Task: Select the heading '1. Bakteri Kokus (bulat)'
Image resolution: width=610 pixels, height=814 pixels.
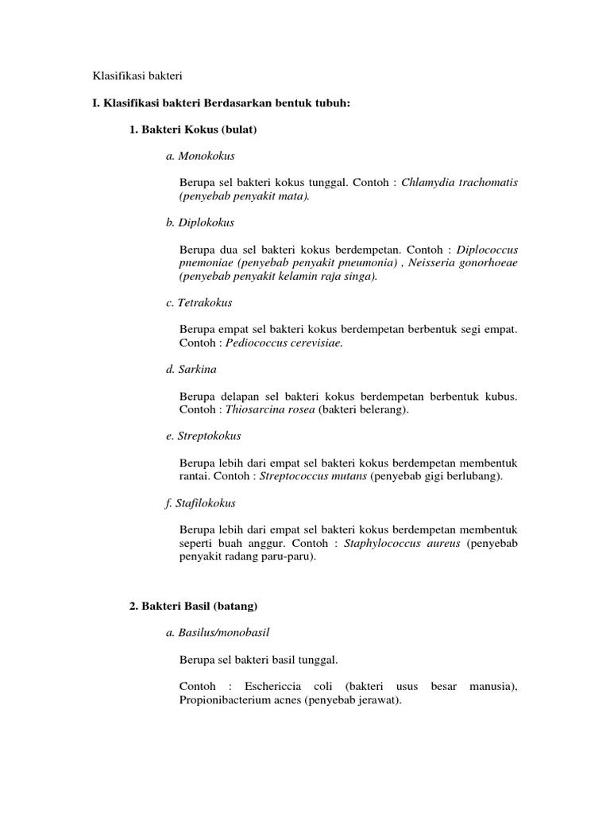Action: click(194, 129)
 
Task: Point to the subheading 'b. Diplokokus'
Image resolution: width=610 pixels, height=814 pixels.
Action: click(200, 223)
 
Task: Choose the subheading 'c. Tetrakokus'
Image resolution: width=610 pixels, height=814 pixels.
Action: click(199, 303)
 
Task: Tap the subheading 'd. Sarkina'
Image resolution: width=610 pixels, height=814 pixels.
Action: click(191, 370)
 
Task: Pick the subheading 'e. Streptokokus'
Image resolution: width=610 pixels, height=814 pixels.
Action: click(203, 436)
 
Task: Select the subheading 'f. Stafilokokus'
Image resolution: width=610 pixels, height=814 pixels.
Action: click(201, 503)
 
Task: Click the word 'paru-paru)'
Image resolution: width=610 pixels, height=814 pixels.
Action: click(289, 557)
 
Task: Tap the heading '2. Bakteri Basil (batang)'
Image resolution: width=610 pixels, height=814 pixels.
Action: click(194, 606)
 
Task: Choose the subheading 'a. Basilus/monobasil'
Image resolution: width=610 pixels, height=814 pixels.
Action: click(218, 633)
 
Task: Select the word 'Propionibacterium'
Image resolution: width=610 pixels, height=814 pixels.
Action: click(229, 700)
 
